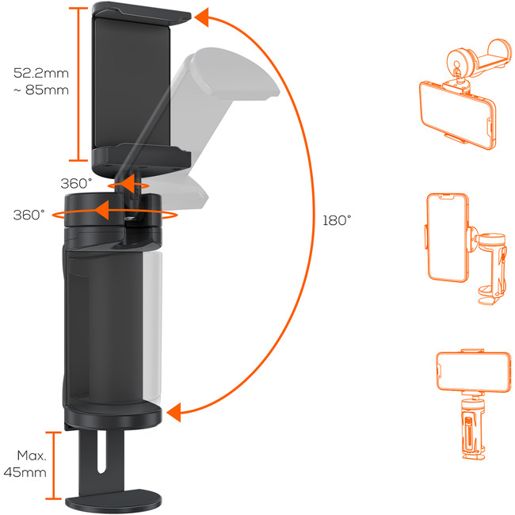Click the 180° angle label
(337, 220)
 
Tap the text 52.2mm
(41, 73)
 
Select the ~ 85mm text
(41, 90)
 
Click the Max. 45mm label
(25, 463)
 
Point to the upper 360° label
(76, 183)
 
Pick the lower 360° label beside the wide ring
(29, 215)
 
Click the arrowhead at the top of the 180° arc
(201, 17)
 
